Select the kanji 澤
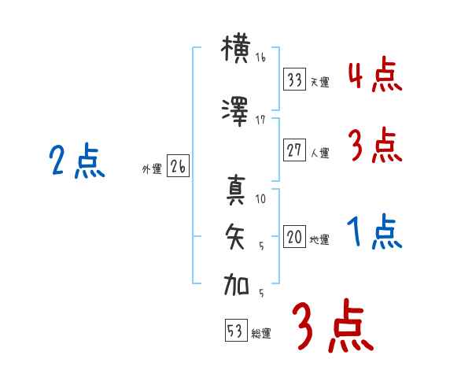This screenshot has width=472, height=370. tap(237, 113)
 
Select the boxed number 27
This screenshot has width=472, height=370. tap(295, 150)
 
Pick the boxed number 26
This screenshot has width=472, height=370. tap(178, 167)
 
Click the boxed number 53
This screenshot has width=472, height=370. tap(235, 331)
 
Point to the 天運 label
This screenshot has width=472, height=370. tap(320, 82)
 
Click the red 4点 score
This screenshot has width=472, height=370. tap(374, 76)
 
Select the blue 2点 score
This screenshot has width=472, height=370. tap(76, 163)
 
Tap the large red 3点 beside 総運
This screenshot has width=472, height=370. tap(332, 327)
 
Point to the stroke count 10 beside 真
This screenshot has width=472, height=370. tap(261, 199)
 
